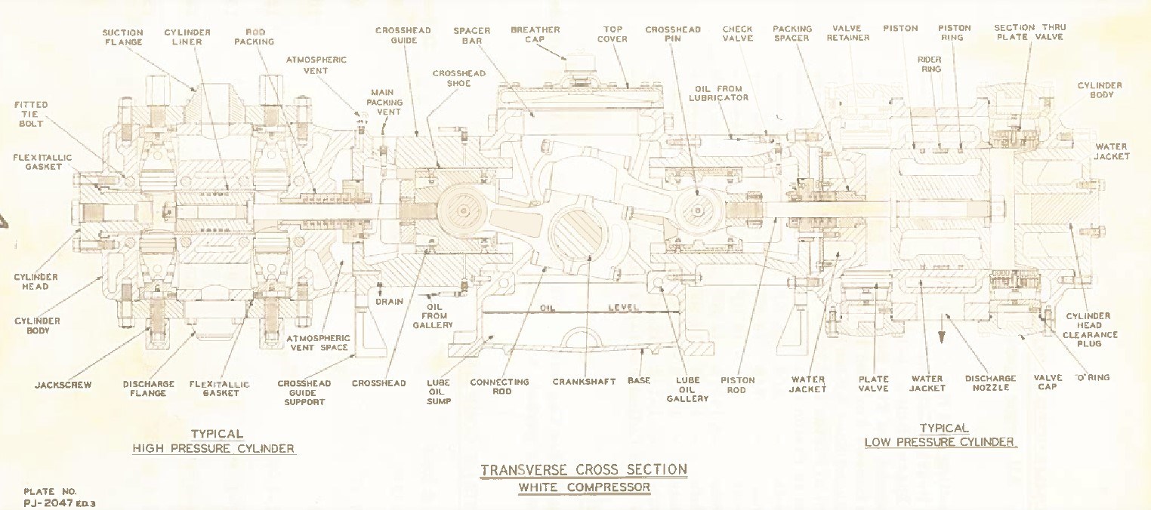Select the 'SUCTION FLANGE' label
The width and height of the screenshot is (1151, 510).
point(122,38)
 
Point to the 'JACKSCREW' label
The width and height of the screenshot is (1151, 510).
point(63,385)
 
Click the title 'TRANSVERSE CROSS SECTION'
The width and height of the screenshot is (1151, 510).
point(584,470)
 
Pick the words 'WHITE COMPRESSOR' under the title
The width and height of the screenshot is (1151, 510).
point(584,487)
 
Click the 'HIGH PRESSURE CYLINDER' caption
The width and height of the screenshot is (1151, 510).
point(213,449)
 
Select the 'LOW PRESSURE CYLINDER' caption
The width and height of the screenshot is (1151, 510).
point(940,442)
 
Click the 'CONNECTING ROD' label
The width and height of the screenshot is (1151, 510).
point(501,386)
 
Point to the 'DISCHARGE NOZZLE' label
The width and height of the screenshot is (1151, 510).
point(990,383)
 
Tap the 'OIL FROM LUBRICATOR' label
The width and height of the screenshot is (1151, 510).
point(721,93)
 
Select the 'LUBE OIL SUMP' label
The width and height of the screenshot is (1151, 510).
point(439,392)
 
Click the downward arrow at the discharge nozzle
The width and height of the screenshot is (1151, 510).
point(940,339)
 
